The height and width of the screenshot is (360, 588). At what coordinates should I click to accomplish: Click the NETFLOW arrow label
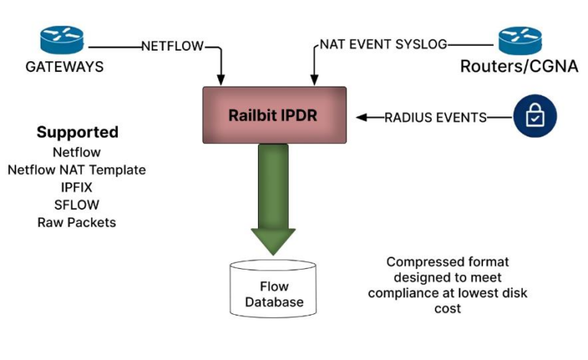(x=173, y=46)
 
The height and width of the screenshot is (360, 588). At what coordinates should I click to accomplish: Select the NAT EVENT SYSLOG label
(x=383, y=44)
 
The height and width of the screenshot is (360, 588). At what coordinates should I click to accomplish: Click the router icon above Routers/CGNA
(x=520, y=39)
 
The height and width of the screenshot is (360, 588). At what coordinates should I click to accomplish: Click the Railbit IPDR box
(x=274, y=116)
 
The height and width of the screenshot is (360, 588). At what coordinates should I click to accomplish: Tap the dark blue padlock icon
(x=534, y=117)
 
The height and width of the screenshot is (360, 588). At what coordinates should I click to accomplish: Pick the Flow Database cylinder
(x=273, y=288)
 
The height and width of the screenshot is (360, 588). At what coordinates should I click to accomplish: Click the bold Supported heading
(x=77, y=132)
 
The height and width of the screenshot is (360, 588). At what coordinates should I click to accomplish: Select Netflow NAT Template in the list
(x=77, y=169)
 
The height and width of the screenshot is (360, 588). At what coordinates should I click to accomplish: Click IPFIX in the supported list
(x=77, y=187)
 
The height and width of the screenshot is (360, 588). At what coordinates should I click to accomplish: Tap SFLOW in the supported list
(x=77, y=205)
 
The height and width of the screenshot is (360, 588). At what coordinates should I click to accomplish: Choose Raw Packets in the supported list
(x=77, y=222)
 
